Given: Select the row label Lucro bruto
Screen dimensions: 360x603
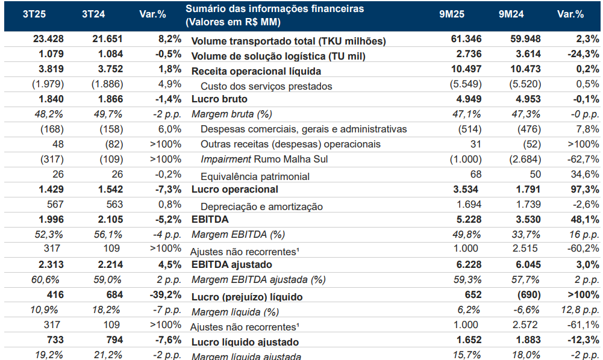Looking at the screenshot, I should pyautogui.click(x=219, y=99).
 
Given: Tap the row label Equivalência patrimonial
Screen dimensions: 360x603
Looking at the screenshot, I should pyautogui.click(x=255, y=176).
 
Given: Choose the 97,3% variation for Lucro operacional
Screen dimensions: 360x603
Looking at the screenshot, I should pyautogui.click(x=583, y=190).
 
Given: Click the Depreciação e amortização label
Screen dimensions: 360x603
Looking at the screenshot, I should pyautogui.click(x=261, y=206).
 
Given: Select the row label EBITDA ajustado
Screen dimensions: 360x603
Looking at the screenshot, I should pyautogui.click(x=231, y=265).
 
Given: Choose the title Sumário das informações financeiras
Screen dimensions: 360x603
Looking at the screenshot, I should pyautogui.click(x=275, y=9).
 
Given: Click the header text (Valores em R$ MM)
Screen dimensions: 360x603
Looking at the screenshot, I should pyautogui.click(x=233, y=22).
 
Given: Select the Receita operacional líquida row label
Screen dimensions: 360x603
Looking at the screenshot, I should pyautogui.click(x=252, y=71).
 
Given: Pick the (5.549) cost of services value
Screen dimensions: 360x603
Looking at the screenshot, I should pyautogui.click(x=464, y=84).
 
